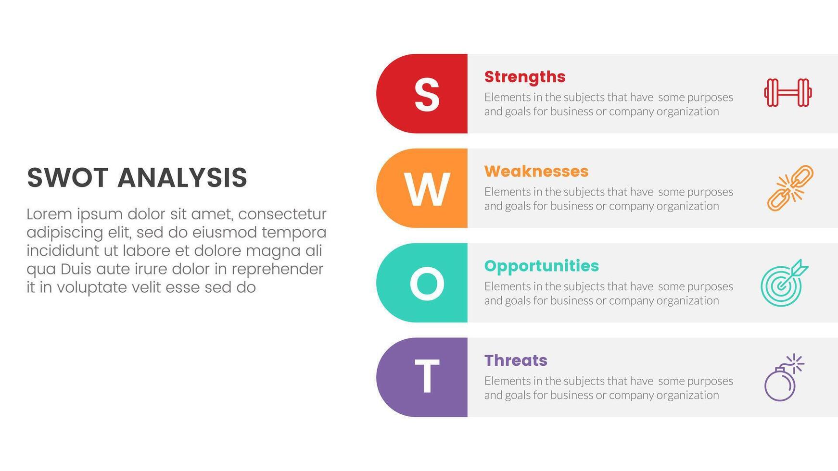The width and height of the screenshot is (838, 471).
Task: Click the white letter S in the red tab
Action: (427, 94)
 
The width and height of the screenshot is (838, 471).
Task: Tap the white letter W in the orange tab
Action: (427, 189)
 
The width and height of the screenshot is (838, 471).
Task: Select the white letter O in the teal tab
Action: (427, 284)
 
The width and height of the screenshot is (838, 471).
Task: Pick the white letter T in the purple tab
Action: (427, 377)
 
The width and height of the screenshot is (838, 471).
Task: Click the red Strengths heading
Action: (524, 77)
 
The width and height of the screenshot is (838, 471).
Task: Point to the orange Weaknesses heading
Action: (536, 172)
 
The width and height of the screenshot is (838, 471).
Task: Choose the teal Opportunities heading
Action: (541, 266)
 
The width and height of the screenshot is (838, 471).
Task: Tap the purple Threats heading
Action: (515, 360)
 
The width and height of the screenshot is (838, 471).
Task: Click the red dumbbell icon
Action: (787, 93)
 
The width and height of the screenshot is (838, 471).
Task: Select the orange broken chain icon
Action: (789, 188)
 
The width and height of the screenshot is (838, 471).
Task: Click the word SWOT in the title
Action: (67, 178)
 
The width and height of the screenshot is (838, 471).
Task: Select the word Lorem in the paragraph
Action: (49, 214)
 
